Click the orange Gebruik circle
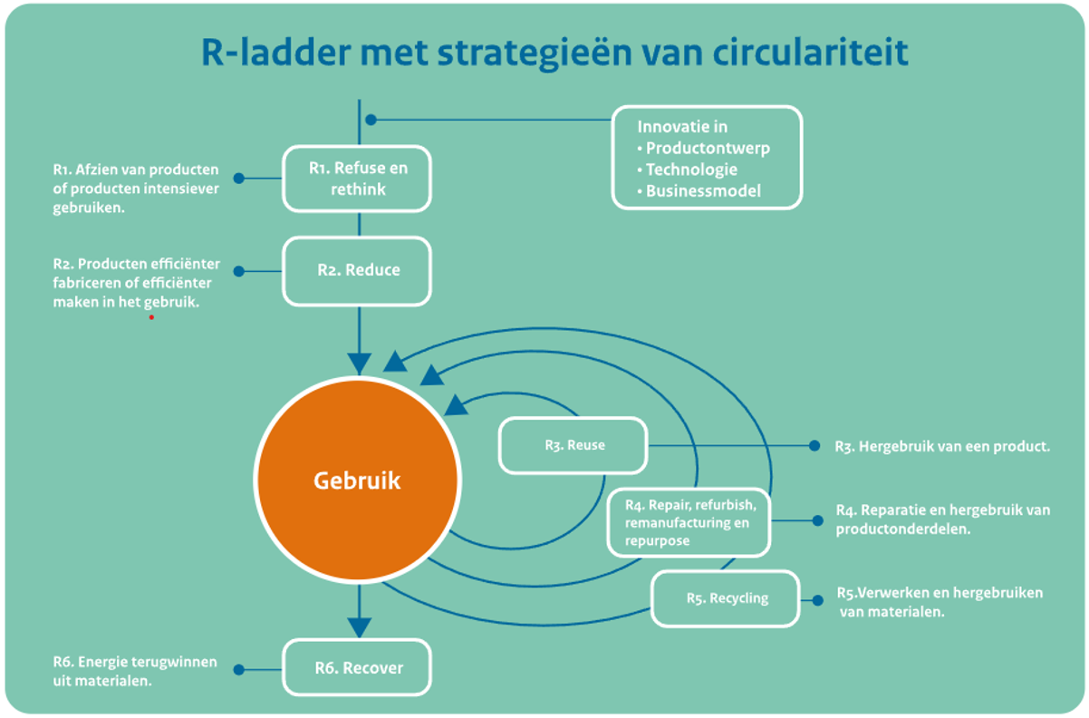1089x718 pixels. pyautogui.click(x=357, y=480)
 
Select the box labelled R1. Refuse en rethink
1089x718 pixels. pyautogui.click(x=358, y=179)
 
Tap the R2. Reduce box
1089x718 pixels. pyautogui.click(x=358, y=270)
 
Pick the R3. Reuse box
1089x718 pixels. pyautogui.click(x=573, y=445)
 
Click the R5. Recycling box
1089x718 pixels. pyautogui.click(x=726, y=597)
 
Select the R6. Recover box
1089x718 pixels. pyautogui.click(x=358, y=668)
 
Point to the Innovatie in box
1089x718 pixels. pyautogui.click(x=707, y=158)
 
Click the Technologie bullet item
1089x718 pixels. pyautogui.click(x=691, y=170)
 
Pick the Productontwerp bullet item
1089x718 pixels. pyautogui.click(x=708, y=148)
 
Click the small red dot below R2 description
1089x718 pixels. pyautogui.click(x=151, y=317)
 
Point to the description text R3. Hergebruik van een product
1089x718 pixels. pyautogui.click(x=942, y=446)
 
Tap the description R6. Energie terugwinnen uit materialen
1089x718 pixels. pyautogui.click(x=134, y=670)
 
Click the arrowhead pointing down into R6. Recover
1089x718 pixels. pyautogui.click(x=360, y=627)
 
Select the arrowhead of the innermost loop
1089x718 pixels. pyautogui.click(x=457, y=404)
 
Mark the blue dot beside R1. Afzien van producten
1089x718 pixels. pyautogui.click(x=239, y=179)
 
